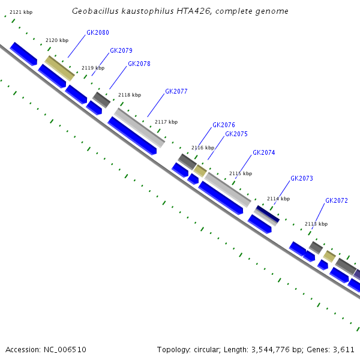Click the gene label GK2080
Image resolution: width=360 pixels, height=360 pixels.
coord(98,32)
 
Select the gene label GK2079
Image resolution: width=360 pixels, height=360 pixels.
coord(121,51)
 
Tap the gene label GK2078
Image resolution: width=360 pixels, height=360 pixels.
coord(139,64)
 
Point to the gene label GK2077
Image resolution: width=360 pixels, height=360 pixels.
coord(176,92)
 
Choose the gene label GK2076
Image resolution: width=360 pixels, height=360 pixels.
coord(224,125)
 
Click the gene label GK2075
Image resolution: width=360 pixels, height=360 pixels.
coord(236,134)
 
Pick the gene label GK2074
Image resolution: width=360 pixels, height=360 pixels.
coord(264,153)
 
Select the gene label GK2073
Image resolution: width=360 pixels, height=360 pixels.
coord(302,179)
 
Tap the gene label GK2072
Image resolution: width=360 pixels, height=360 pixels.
coord(337,201)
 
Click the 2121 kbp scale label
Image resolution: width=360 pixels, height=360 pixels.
coord(21,12)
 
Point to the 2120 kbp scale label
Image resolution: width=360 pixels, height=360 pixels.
coord(57,40)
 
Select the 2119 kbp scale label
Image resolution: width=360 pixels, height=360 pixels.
coord(93,68)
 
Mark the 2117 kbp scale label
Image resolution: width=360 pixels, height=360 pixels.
coord(166,122)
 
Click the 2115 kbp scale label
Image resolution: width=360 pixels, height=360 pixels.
coord(240,174)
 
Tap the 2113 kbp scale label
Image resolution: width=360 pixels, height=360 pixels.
coord(316,224)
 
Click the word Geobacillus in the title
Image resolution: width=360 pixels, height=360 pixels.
coord(94,11)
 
